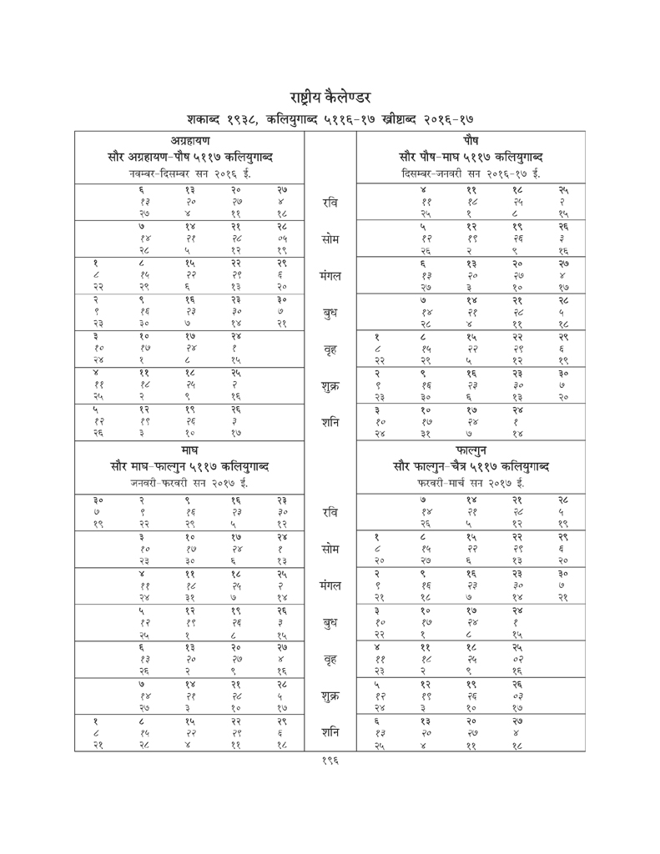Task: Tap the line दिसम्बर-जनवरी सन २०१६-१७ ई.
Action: click(x=471, y=173)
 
